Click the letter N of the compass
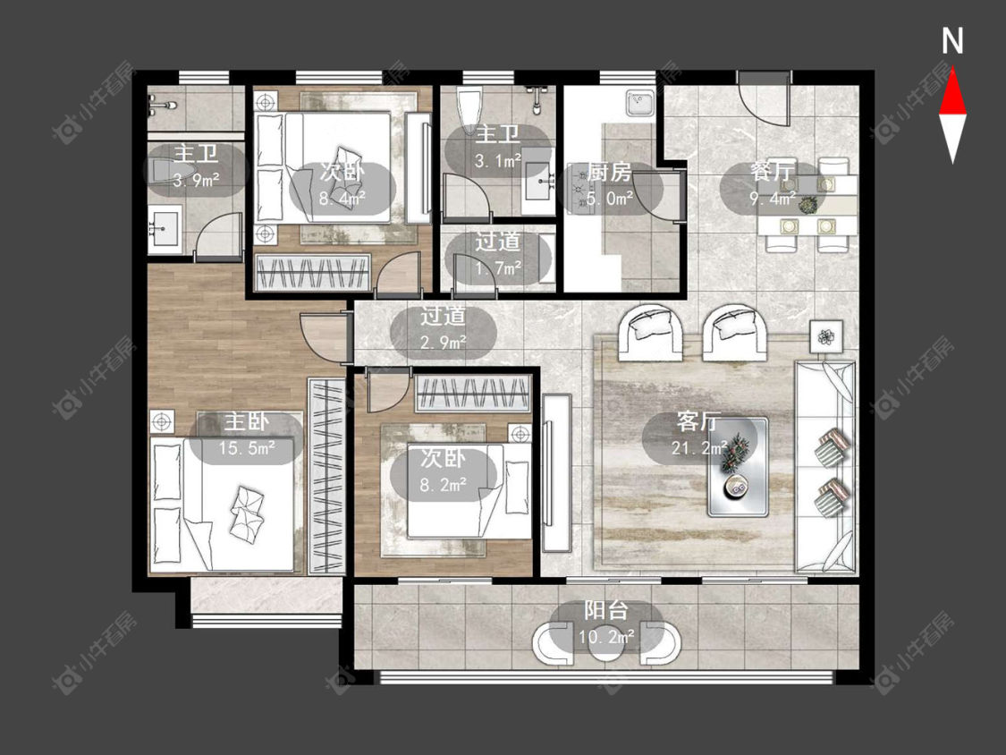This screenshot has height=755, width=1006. coord(952,41)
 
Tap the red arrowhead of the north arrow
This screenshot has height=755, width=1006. coord(952,92)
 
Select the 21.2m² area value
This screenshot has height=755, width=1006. coord(699,447)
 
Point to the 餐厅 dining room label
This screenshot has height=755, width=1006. coord(772,173)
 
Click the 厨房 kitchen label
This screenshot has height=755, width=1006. coord(609,173)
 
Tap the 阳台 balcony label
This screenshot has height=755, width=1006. coord(605,611)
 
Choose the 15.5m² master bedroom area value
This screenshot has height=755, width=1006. coord(247,447)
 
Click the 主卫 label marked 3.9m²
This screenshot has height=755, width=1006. coord(196,154)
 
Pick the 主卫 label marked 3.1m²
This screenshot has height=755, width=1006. coord(498,135)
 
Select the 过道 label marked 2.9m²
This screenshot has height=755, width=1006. coord(443,317)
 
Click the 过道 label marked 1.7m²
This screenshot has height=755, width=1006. coord(498,242)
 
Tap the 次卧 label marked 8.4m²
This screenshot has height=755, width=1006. coord(342,172)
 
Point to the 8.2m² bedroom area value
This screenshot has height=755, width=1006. coord(444,485)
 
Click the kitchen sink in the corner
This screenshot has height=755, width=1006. coord(640,103)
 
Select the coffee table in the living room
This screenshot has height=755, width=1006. coord(738,467)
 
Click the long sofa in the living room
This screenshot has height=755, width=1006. coord(825,467)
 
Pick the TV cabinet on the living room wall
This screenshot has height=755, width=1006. coord(555,472)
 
